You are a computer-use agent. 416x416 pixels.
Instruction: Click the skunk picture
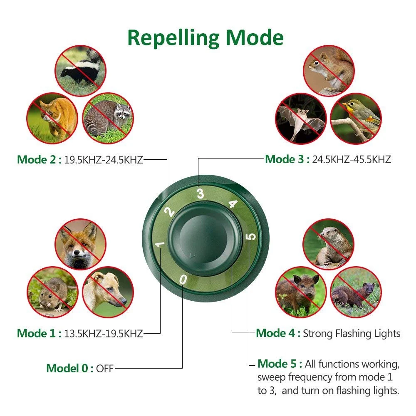point(81,71)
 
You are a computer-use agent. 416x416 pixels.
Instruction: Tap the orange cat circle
point(52,117)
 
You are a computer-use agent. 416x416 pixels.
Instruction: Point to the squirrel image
point(329,71)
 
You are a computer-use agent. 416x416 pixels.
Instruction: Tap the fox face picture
point(81,245)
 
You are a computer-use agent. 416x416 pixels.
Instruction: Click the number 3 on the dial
point(201,194)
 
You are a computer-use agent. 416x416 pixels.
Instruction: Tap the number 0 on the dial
point(183,279)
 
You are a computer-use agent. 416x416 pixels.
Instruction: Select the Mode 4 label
point(278,333)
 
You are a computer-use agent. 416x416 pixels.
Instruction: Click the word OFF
point(104,369)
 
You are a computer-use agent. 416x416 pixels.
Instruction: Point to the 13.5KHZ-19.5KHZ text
point(103,333)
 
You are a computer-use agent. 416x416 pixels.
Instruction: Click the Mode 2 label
point(39,160)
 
